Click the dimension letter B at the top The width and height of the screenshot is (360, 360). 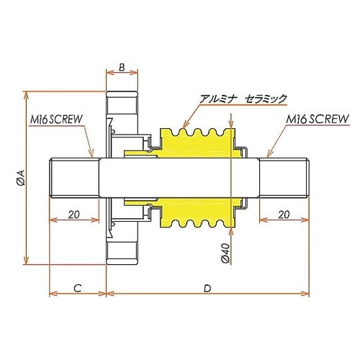[x=122, y=68]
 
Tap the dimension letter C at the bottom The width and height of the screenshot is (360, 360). [x=77, y=287]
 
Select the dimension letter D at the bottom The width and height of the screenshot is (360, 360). [x=207, y=287]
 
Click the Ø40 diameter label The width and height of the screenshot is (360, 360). [x=225, y=253]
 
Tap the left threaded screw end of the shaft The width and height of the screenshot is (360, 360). [x=73, y=178]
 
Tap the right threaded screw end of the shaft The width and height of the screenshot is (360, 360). [x=284, y=178]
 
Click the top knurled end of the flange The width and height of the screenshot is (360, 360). [x=122, y=101]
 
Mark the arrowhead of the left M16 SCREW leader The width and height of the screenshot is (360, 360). [x=94, y=157]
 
